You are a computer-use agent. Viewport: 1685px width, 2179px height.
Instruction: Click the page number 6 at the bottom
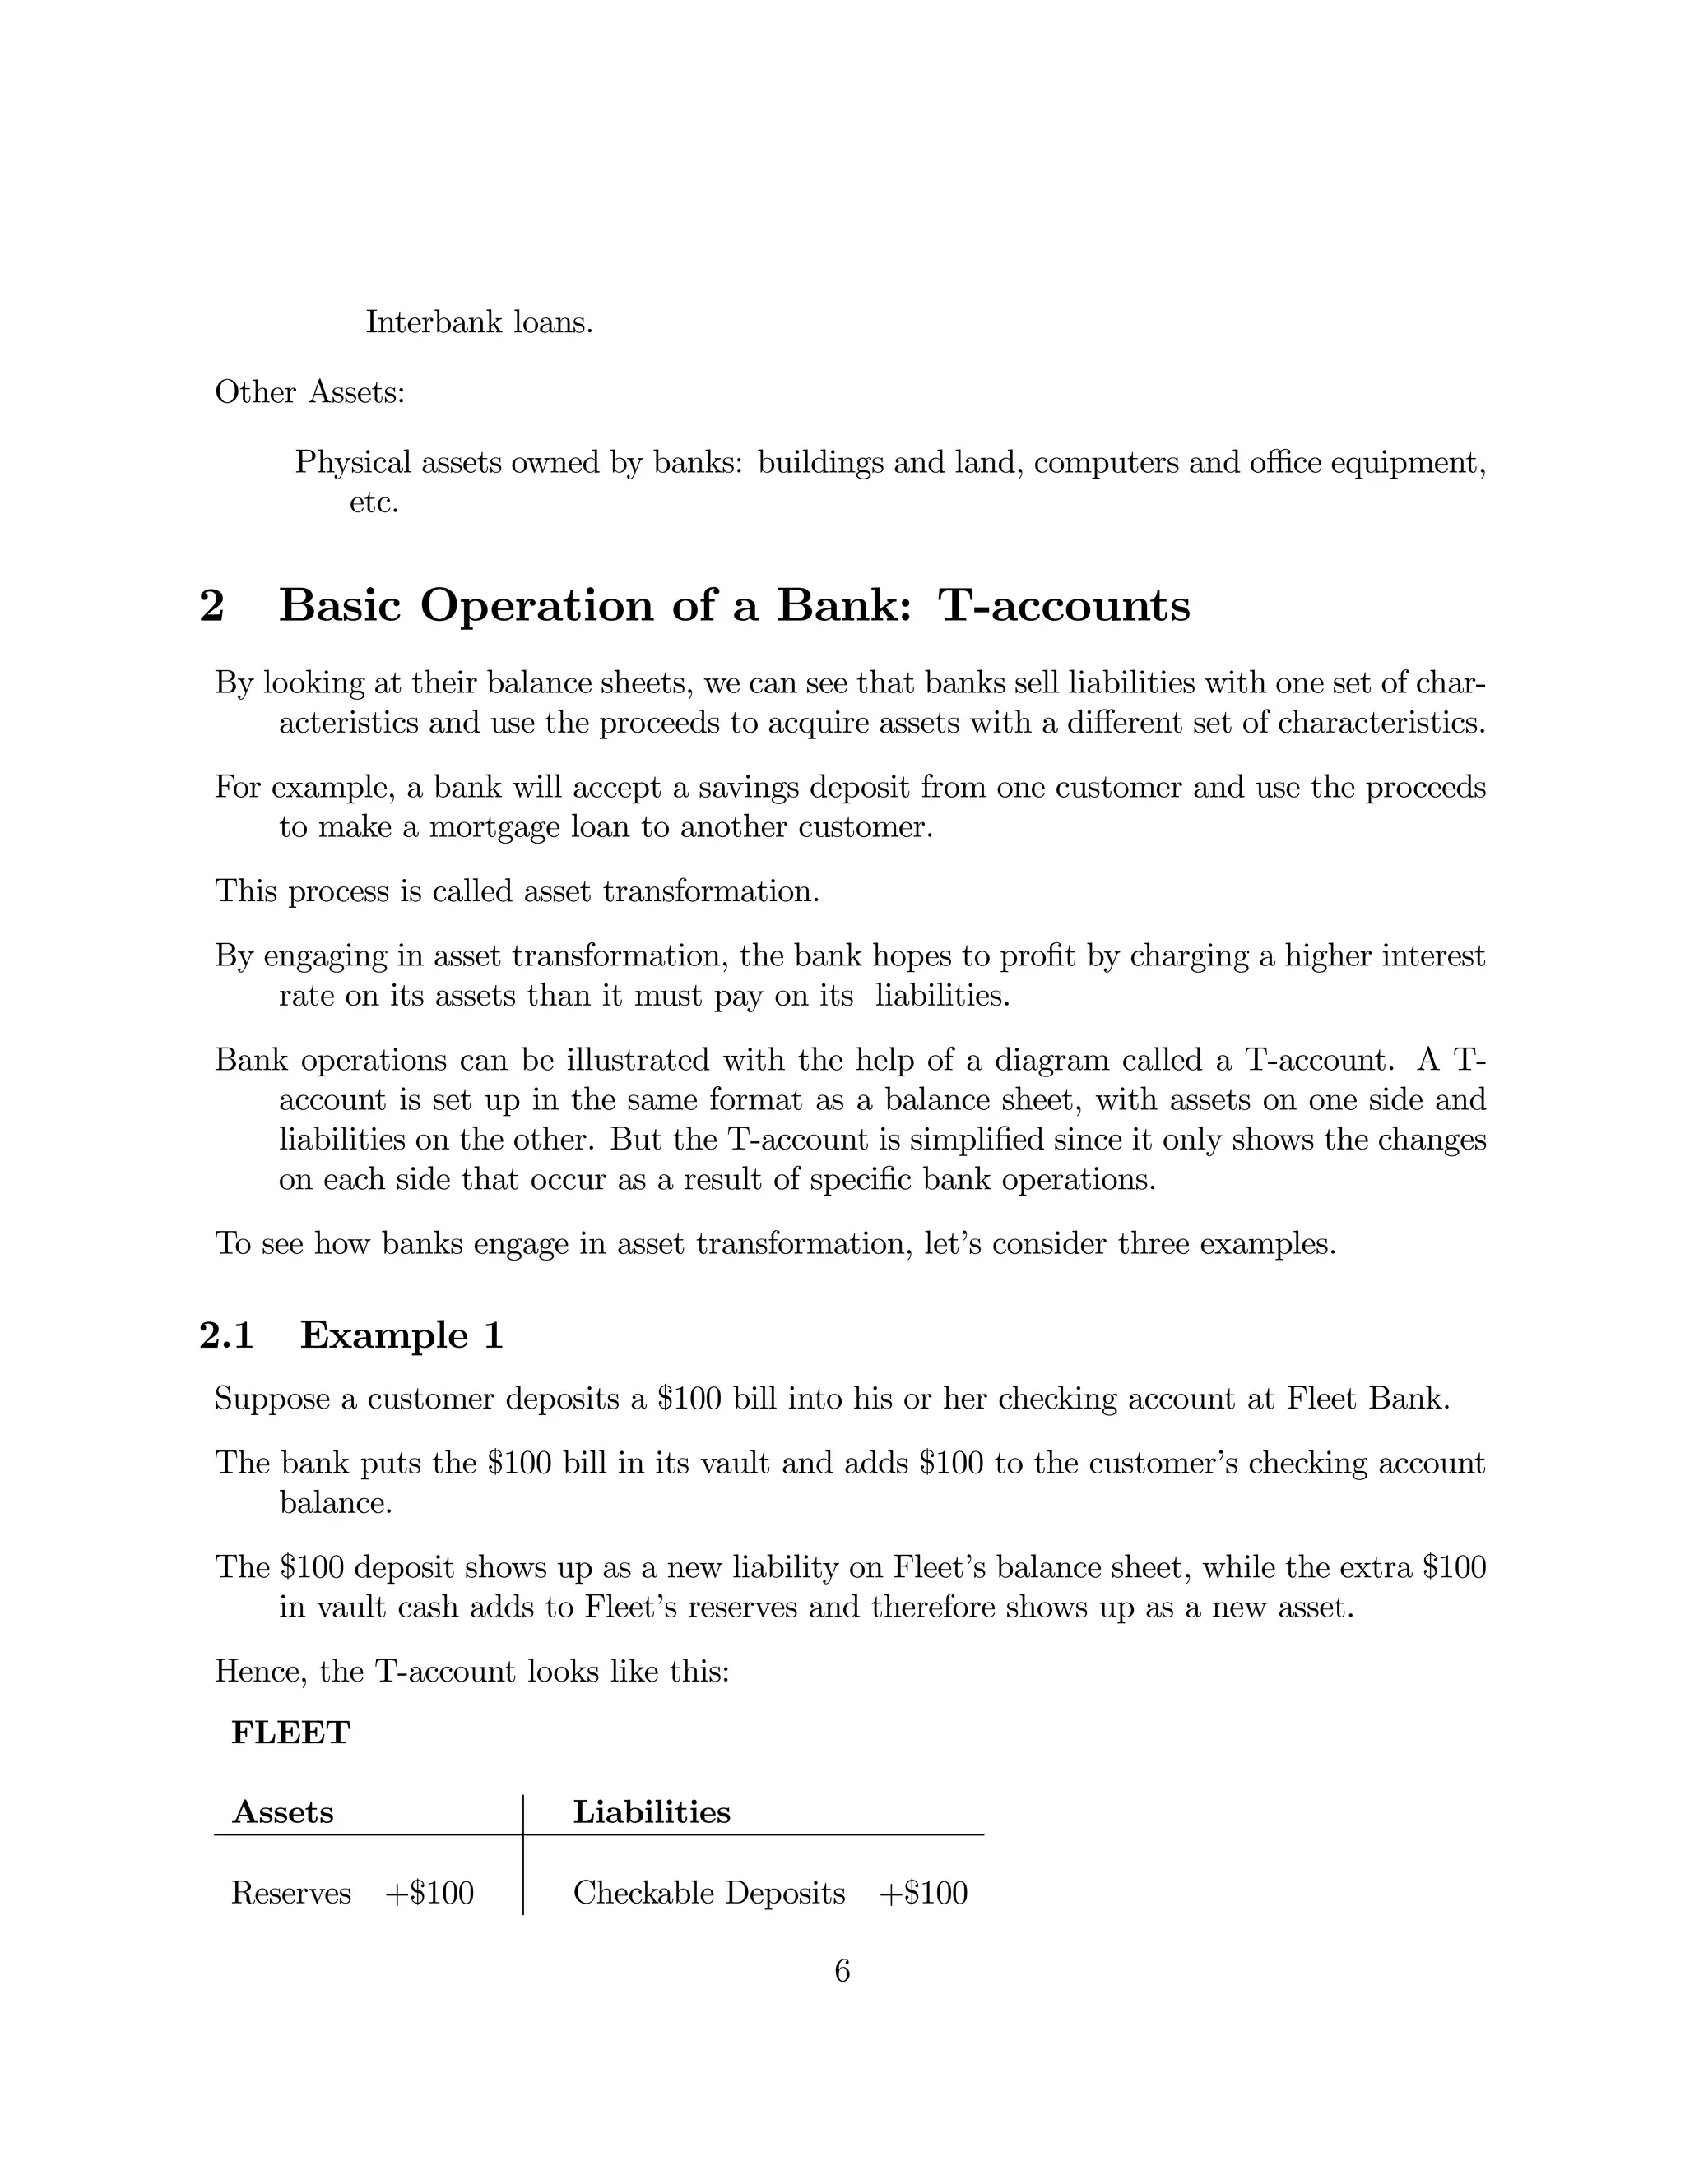click(x=842, y=1970)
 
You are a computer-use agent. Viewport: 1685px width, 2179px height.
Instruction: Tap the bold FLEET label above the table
click(x=290, y=1733)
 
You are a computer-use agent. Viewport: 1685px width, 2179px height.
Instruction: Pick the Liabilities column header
click(x=651, y=1811)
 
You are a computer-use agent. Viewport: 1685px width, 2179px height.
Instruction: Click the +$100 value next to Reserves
click(x=429, y=1893)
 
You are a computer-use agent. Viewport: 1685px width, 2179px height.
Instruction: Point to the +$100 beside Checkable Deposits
click(x=923, y=1893)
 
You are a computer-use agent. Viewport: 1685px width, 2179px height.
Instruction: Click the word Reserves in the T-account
click(x=290, y=1893)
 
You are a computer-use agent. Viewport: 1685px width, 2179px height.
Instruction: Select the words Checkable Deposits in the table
click(x=708, y=1893)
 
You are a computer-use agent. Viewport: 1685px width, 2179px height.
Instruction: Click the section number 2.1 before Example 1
click(x=226, y=1335)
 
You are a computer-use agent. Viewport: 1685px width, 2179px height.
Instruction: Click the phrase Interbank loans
click(x=479, y=322)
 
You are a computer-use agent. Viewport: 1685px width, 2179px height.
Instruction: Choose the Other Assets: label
click(x=310, y=392)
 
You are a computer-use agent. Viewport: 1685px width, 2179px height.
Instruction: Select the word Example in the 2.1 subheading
click(x=383, y=1335)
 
